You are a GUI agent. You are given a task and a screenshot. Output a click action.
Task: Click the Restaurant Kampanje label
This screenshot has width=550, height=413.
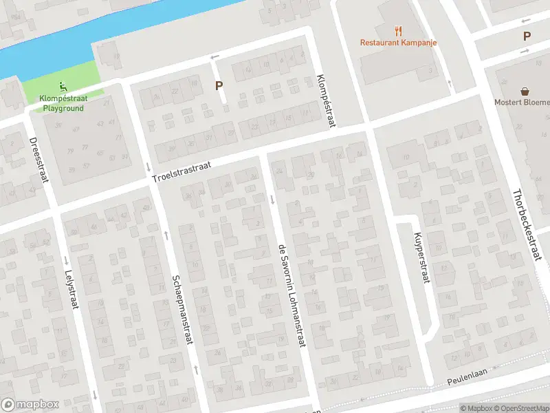[x=399, y=43]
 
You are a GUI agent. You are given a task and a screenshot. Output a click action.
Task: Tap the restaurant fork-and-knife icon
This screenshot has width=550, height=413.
[x=398, y=30]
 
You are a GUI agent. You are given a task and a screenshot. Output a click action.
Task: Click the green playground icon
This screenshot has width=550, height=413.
[x=63, y=87]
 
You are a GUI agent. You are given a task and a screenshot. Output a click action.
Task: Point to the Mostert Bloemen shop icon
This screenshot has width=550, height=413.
[x=525, y=92]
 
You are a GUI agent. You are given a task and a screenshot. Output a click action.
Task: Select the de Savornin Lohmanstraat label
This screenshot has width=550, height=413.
[x=291, y=296]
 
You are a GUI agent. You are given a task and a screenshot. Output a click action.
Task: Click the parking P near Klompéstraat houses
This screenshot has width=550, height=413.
[x=219, y=86]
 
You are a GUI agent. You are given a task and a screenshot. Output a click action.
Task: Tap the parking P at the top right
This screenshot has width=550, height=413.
[x=527, y=36]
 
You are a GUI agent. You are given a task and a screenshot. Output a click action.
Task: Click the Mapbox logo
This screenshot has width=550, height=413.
[x=30, y=405]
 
